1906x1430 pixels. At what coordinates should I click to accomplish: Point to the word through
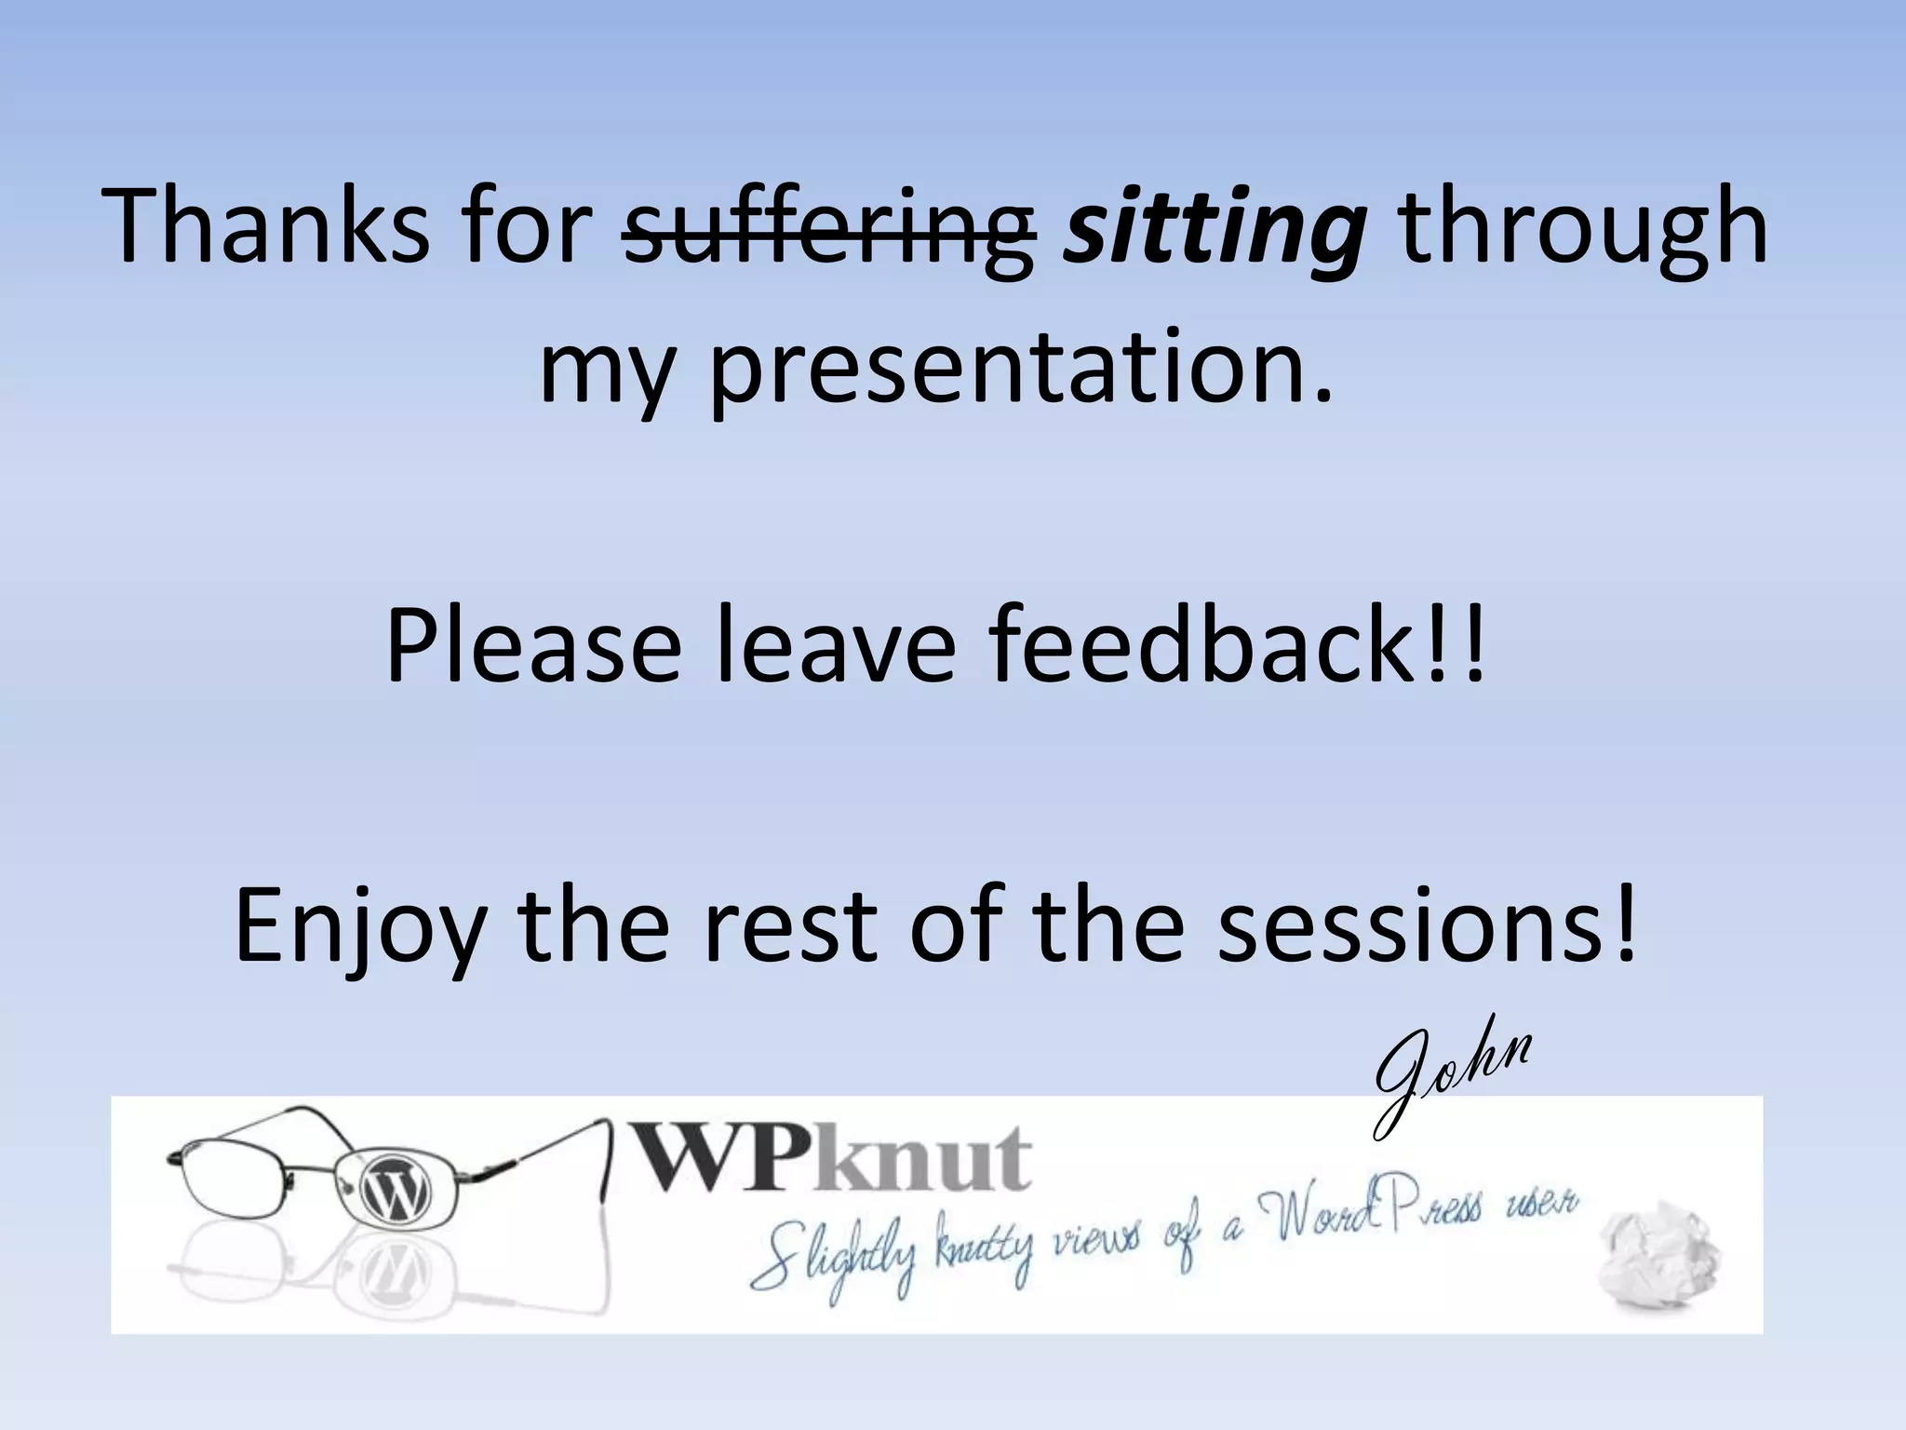click(x=1582, y=228)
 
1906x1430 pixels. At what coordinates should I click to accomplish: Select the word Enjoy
click(x=358, y=926)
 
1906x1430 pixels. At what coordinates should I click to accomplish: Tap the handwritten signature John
click(x=1452, y=1080)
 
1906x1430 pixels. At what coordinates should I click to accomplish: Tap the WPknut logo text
click(x=833, y=1159)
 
